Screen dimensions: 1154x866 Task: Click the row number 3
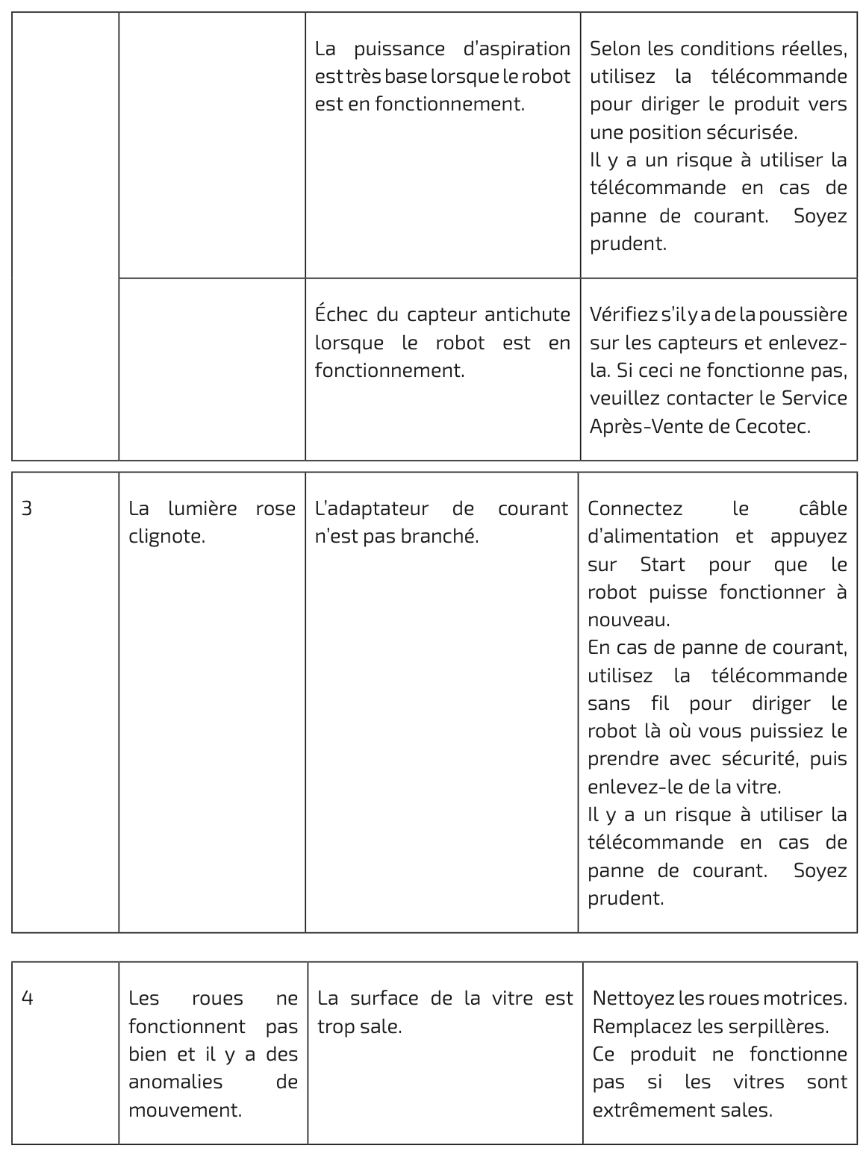(x=27, y=509)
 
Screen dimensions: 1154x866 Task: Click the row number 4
(x=27, y=999)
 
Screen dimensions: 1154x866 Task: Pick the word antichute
(x=527, y=315)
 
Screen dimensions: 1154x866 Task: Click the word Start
(x=662, y=564)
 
